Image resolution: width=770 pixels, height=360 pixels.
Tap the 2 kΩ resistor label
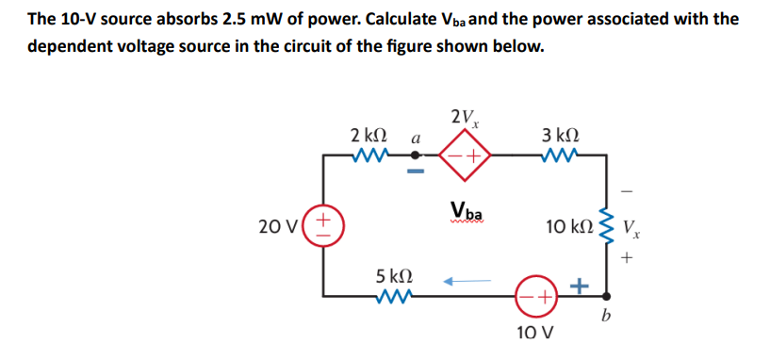tap(367, 136)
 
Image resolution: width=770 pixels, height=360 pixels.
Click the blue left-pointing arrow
tap(467, 279)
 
